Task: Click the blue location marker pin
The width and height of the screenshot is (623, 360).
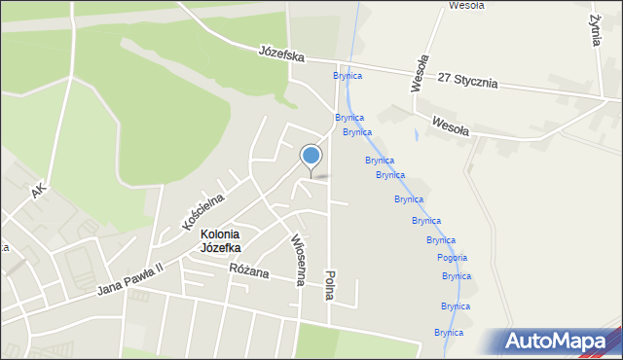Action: pos(311,157)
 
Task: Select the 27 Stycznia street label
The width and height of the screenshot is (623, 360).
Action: pos(468,80)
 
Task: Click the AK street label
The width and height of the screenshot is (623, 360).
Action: pos(38,189)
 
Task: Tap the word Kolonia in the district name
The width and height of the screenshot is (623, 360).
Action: pos(221,234)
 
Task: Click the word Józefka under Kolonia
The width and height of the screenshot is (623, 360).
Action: pos(221,248)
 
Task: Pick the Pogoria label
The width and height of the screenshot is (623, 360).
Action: pos(453,258)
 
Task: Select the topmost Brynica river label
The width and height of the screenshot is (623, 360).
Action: pos(348,75)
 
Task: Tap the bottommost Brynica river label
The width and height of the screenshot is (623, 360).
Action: pos(449,332)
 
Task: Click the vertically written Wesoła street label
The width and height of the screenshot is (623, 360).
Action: pos(418,73)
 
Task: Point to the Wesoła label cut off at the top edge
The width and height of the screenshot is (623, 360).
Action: pos(466,5)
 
